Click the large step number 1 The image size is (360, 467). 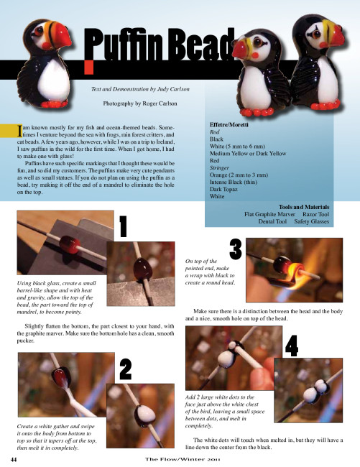pyautogui.click(x=123, y=226)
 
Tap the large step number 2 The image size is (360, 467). pyautogui.click(x=126, y=369)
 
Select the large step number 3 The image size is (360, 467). pyautogui.click(x=236, y=249)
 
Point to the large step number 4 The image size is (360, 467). pyautogui.click(x=292, y=346)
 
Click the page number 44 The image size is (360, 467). pyautogui.click(x=14, y=459)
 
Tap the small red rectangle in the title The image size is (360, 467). pyautogui.click(x=88, y=67)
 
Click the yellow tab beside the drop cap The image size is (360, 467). pyautogui.click(x=8, y=131)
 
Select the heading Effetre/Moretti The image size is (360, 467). pyautogui.click(x=229, y=125)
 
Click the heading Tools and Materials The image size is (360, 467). pyautogui.click(x=304, y=207)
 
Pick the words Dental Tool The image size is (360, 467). pyautogui.click(x=272, y=221)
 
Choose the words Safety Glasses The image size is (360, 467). pyautogui.click(x=311, y=221)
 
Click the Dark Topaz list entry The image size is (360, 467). pyautogui.click(x=223, y=189)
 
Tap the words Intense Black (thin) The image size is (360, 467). pyautogui.click(x=234, y=182)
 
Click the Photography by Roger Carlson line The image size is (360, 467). pyautogui.click(x=140, y=103)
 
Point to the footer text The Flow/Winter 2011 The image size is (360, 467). pyautogui.click(x=183, y=459)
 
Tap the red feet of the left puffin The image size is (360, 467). pyautogui.click(x=55, y=104)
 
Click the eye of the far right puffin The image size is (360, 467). pyautogui.click(x=315, y=34)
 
